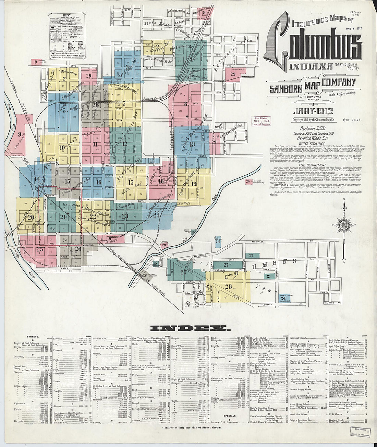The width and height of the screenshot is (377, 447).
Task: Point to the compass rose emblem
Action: click(344, 225)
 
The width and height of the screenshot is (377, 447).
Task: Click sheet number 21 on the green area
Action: click(63, 217)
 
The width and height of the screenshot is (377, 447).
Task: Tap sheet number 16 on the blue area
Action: click(99, 182)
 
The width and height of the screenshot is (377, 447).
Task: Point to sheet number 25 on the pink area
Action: click(40, 249)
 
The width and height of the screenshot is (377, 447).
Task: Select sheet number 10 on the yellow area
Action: click(62, 148)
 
